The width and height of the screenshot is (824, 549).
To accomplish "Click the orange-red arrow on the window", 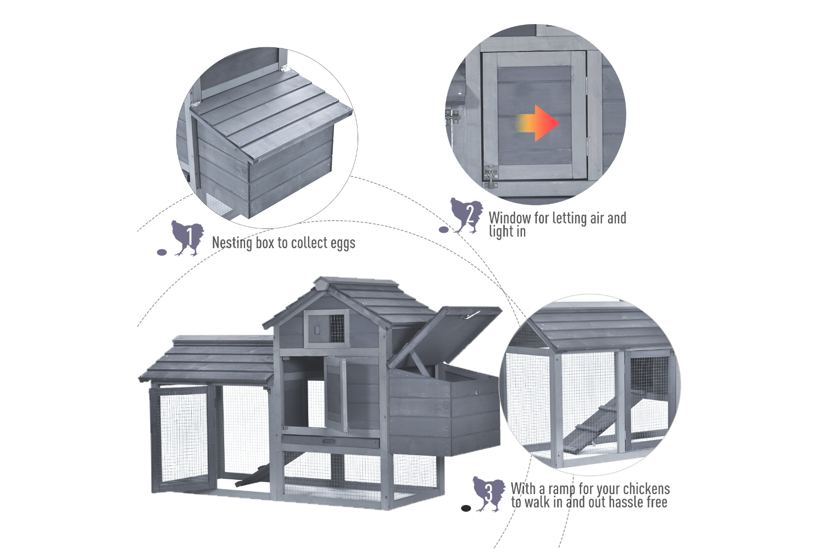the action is coord(538,123).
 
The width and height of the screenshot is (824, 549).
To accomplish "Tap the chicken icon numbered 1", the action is coord(187,238).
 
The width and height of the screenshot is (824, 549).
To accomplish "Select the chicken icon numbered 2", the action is coord(466,215).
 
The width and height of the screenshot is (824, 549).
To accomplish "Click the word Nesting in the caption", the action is coord(232,243).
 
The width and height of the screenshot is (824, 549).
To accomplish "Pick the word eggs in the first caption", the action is coord(343,244).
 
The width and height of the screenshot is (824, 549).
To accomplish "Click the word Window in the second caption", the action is coord(510,218).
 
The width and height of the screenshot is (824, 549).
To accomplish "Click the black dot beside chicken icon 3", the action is coord(466,508).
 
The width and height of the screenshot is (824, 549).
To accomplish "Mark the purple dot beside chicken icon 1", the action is coord(162,252).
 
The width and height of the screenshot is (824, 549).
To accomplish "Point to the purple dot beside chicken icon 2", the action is coord(444,230).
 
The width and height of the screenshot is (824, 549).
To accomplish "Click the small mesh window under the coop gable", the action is coord(337,328).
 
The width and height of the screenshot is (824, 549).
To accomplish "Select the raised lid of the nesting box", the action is coord(445,337).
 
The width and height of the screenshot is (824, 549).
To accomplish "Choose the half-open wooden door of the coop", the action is coord(335,394).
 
